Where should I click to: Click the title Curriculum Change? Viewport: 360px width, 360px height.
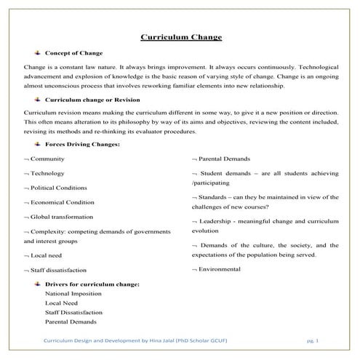(180, 37)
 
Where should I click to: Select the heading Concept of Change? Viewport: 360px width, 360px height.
(73, 53)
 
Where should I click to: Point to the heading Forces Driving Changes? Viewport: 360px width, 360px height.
(82, 144)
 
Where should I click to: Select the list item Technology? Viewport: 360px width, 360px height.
(47, 174)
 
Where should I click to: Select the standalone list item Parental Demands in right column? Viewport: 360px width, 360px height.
(224, 159)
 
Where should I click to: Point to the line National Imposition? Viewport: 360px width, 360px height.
(73, 294)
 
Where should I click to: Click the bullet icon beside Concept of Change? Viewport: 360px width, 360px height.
(36, 53)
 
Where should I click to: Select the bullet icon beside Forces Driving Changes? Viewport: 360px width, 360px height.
(36, 144)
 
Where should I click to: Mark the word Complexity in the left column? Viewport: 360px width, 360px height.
(47, 231)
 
